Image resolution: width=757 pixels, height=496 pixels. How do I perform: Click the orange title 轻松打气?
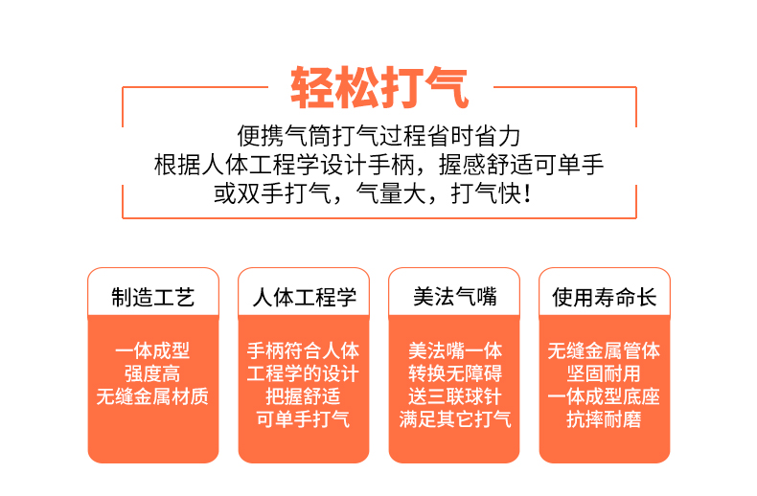click(x=379, y=88)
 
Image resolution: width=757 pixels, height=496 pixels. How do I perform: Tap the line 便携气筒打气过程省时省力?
click(x=379, y=136)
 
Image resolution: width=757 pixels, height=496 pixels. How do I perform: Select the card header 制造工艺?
click(x=153, y=297)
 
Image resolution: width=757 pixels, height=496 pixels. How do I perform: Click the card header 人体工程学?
click(x=304, y=297)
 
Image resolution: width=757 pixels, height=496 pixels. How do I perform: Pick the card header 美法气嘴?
click(x=455, y=296)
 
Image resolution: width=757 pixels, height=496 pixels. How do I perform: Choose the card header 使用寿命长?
click(x=605, y=297)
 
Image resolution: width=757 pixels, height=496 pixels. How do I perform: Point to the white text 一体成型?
click(x=152, y=350)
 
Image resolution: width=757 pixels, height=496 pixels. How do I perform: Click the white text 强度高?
click(x=152, y=373)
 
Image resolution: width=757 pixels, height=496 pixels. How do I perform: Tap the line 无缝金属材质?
click(x=152, y=396)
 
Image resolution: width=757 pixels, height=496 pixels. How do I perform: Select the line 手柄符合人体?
click(x=303, y=350)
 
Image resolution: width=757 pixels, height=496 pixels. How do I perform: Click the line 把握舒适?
click(x=303, y=396)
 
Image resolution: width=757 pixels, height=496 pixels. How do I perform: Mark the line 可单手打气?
click(x=303, y=419)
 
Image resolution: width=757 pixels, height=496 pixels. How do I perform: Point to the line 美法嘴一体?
click(x=455, y=350)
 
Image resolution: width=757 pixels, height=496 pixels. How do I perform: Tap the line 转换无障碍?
click(x=455, y=373)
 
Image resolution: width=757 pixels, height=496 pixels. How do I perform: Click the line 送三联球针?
click(x=455, y=396)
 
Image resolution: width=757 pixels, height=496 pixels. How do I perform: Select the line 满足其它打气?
click(x=455, y=419)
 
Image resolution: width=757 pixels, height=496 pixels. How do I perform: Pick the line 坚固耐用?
click(x=604, y=373)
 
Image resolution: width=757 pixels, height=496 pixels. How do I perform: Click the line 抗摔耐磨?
click(x=604, y=419)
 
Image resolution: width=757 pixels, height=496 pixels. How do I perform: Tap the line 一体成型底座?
click(x=604, y=396)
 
